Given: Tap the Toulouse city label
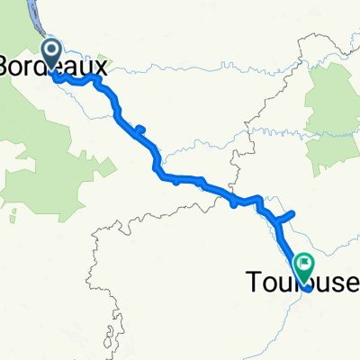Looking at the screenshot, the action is point(302,284).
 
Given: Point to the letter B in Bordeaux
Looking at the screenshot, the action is point(7,67).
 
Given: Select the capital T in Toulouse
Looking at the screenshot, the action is point(253,284).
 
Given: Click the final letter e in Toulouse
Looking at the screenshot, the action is point(352,284).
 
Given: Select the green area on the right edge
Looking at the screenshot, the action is point(335,117).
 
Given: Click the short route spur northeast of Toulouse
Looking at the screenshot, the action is point(286,215).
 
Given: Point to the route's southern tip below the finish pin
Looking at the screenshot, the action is point(309,290).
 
